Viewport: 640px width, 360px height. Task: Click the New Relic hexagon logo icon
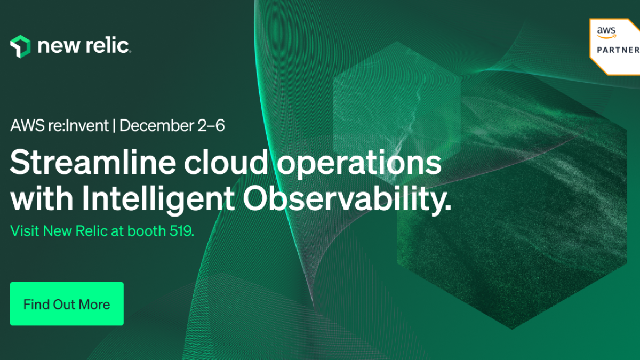click(x=20, y=46)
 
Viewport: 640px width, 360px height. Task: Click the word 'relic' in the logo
click(x=107, y=45)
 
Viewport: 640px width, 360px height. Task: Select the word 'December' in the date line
click(x=157, y=125)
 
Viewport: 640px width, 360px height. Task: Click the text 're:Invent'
click(x=78, y=125)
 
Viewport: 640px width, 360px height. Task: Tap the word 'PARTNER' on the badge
click(x=618, y=50)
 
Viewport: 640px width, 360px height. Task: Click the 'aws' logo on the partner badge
click(x=606, y=33)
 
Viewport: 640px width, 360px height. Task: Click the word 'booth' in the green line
click(x=146, y=231)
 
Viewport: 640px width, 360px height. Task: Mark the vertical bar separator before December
click(x=114, y=126)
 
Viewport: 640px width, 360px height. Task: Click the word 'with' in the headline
click(x=42, y=198)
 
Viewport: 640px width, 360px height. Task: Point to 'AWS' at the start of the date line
click(x=27, y=125)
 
